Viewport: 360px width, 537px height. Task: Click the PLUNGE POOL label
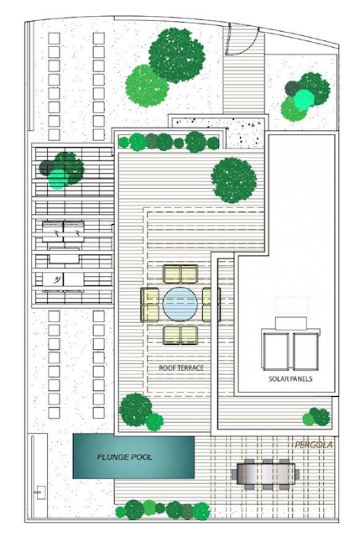coord(125,456)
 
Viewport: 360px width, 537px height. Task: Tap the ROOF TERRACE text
coord(181,368)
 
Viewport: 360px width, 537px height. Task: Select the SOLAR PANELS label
coord(290,378)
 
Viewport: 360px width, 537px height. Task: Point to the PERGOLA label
coord(314,445)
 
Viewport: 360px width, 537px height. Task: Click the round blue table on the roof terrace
coord(180,304)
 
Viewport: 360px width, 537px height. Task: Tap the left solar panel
coord(276,351)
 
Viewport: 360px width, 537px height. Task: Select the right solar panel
coord(306,351)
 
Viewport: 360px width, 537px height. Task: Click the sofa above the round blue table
coord(180,274)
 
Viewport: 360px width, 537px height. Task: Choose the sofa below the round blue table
coord(180,336)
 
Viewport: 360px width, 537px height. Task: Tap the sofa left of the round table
coord(149,305)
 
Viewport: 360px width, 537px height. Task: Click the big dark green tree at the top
coord(177,55)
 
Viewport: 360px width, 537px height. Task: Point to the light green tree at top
coord(147,86)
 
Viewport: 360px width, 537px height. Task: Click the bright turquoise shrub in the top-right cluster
coord(304,99)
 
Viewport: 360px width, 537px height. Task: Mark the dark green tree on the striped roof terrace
coord(234,180)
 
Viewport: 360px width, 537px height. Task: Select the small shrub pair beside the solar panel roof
coord(316,417)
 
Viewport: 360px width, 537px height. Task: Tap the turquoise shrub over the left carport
coord(58,179)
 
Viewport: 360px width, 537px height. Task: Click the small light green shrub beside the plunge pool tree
coord(154,422)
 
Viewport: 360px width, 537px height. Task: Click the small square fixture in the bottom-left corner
coord(41,493)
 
